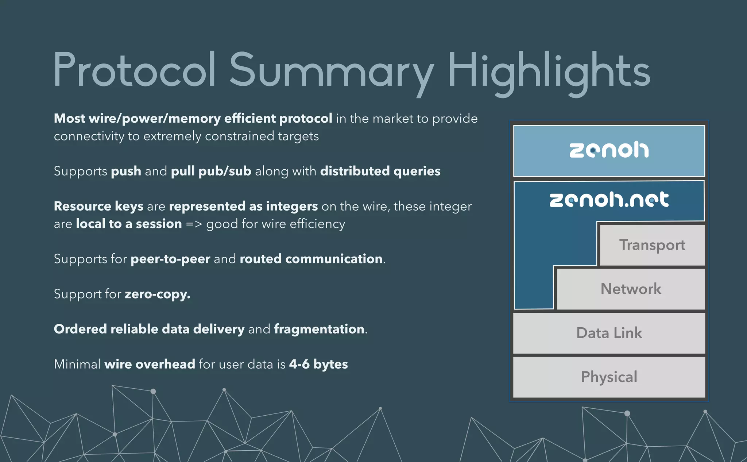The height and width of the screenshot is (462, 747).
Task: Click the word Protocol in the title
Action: [x=135, y=69]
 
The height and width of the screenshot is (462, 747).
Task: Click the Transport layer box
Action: [x=652, y=245]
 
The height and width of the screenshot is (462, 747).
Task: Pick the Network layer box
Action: [x=631, y=289]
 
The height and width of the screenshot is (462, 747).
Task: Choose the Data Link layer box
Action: [x=609, y=333]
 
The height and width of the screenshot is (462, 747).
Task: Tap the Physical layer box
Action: [x=609, y=377]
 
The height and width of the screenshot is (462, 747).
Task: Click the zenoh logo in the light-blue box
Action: [x=609, y=150]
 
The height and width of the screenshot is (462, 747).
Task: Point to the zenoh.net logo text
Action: [x=609, y=200]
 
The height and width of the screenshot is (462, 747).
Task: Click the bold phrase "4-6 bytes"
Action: [x=318, y=364]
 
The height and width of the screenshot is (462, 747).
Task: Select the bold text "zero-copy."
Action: [x=158, y=294]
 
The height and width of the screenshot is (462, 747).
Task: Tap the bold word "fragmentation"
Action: [x=319, y=329]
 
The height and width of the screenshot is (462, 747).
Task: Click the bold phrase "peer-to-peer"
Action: [x=170, y=259]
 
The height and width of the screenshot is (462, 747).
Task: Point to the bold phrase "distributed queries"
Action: [x=380, y=171]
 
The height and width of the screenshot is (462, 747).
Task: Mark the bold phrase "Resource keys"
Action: [x=98, y=207]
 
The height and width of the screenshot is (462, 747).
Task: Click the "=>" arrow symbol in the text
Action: [x=194, y=224]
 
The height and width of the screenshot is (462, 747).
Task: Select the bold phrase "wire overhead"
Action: [x=150, y=364]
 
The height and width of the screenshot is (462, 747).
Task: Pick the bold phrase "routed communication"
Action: [x=311, y=259]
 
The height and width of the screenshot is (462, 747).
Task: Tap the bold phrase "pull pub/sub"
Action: [x=211, y=171]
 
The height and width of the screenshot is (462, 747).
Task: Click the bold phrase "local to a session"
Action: [x=129, y=224]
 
